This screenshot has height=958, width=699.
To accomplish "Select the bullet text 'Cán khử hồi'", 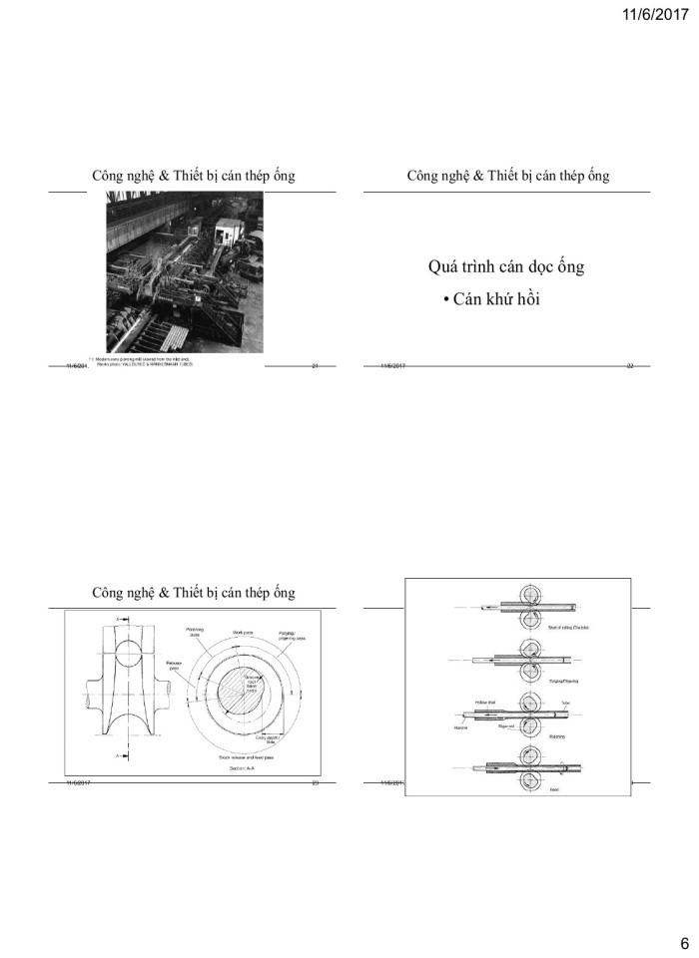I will [490, 299].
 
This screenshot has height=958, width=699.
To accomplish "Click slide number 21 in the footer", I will [315, 367].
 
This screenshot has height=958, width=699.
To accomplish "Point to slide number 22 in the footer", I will [630, 367].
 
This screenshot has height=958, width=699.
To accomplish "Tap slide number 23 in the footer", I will [315, 783].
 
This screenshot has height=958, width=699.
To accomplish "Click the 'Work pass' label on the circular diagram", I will [244, 633].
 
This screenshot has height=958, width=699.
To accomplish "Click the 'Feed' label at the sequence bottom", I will [554, 788].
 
